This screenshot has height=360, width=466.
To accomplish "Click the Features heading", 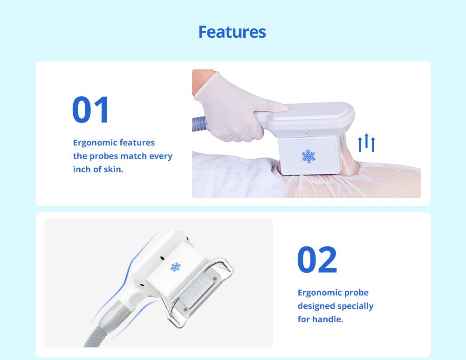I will pos(232,32).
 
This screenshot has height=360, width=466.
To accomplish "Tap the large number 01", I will pos(91,110).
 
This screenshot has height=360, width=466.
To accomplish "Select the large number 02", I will pos(317,260).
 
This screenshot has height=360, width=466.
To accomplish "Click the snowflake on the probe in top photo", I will pos(308,156).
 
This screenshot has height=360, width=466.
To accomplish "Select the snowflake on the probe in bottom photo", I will pos(175,267).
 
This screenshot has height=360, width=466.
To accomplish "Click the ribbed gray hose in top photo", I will pos(200,124).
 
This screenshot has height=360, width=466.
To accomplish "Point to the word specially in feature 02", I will pos(356,306).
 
